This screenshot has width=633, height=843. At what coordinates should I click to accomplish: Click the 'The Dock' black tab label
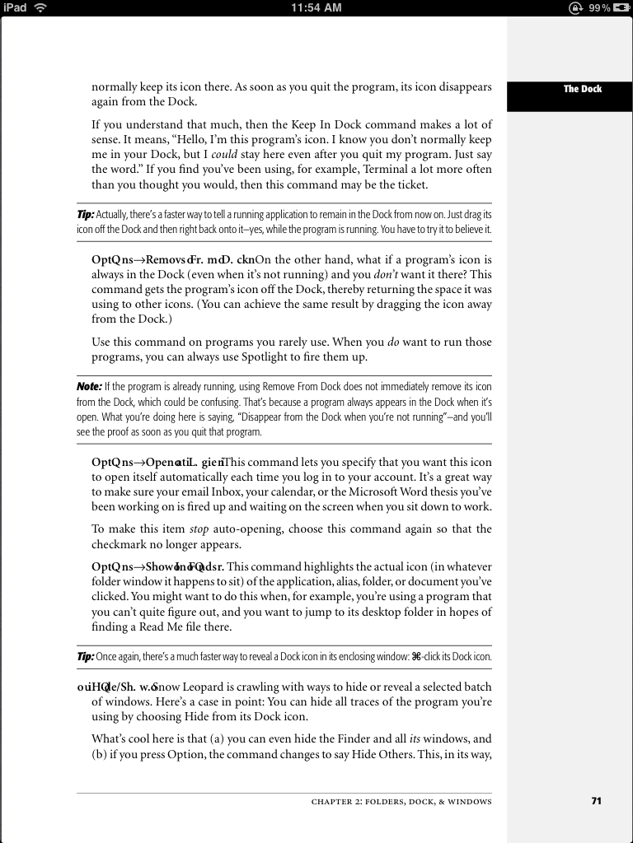pos(582,89)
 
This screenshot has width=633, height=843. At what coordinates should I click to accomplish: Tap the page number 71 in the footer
pos(596,801)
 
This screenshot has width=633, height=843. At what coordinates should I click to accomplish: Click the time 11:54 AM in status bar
pos(316,7)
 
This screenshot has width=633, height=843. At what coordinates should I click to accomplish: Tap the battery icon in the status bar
pos(621,7)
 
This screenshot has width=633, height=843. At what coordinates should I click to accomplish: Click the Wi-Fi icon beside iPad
pos(40,7)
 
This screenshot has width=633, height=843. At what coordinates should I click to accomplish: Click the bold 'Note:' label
pos(89,386)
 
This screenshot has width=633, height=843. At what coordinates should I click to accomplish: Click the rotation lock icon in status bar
pos(574,7)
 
